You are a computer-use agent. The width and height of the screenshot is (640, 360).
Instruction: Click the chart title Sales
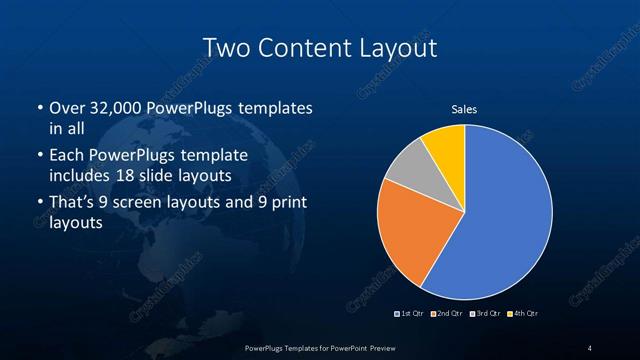464,108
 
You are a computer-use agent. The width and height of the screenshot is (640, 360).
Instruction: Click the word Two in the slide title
222,47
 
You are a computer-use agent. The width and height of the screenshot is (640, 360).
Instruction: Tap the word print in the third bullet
275,203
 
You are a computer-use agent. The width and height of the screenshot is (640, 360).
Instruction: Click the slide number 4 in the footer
590,347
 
